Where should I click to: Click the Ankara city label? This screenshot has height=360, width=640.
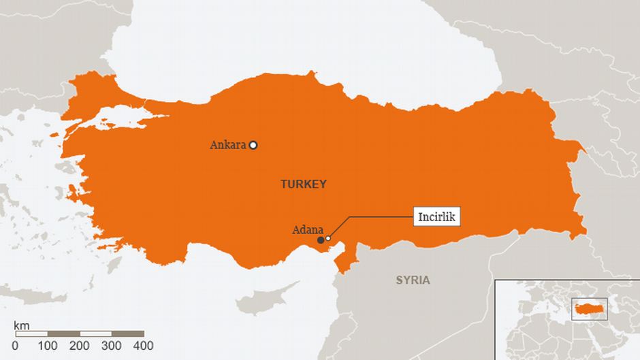pyautogui.click(x=228, y=145)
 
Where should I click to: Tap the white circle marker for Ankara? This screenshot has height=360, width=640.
pyautogui.click(x=253, y=144)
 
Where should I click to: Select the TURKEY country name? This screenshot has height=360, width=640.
pyautogui.click(x=304, y=184)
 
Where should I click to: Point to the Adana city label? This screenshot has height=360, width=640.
pyautogui.click(x=307, y=230)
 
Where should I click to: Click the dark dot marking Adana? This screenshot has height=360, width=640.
pyautogui.click(x=321, y=240)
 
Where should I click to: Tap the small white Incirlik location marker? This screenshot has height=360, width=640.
pyautogui.click(x=328, y=238)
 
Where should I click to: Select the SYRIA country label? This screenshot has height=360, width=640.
pyautogui.click(x=413, y=280)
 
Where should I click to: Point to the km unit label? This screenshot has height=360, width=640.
pyautogui.click(x=21, y=326)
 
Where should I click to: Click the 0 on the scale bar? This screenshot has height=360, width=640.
pyautogui.click(x=15, y=346)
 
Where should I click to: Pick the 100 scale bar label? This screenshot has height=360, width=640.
pyautogui.click(x=48, y=346)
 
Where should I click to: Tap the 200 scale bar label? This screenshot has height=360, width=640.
pyautogui.click(x=80, y=346)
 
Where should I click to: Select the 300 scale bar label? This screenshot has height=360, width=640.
pyautogui.click(x=112, y=346)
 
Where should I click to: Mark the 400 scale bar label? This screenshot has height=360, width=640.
pyautogui.click(x=144, y=346)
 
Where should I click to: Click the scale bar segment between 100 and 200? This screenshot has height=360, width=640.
pyautogui.click(x=63, y=334)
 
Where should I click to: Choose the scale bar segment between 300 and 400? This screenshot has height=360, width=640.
pyautogui.click(x=127, y=334)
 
